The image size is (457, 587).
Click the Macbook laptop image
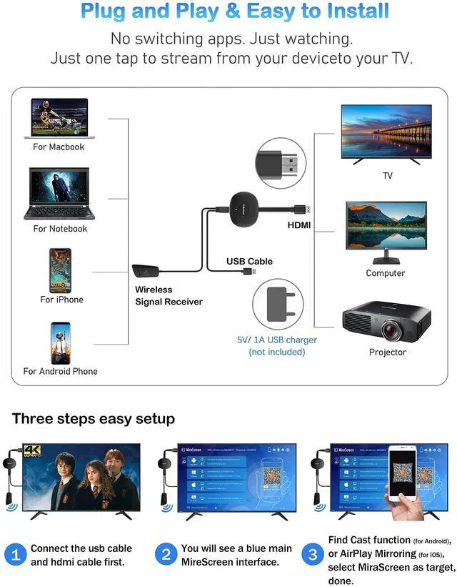pyautogui.click(x=59, y=118)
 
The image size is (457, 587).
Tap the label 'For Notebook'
pyautogui.click(x=60, y=229)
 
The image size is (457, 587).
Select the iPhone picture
pyautogui.click(x=60, y=270)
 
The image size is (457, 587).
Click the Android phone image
pyautogui.click(x=60, y=343)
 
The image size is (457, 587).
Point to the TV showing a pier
pyautogui.click(x=386, y=132)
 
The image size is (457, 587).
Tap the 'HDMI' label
pyautogui.click(x=299, y=225)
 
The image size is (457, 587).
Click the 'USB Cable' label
pyautogui.click(x=249, y=261)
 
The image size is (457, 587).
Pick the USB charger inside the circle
pyautogui.click(x=278, y=305)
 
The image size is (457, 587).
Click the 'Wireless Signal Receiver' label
pyautogui.click(x=169, y=296)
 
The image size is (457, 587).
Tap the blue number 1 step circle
pyautogui.click(x=15, y=555)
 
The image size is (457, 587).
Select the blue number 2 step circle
pyautogui.click(x=166, y=555)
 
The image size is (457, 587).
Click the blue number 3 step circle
pyautogui.click(x=313, y=555)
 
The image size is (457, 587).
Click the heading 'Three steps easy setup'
pyautogui.click(x=94, y=419)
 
